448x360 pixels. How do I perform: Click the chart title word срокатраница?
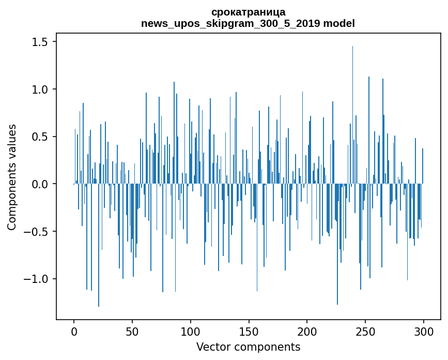pyautogui.click(x=248, y=12)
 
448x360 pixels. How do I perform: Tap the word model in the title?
pyautogui.click(x=340, y=23)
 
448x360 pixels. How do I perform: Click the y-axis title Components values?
pyautogui.click(x=12, y=177)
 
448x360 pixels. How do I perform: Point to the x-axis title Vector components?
pyautogui.click(x=248, y=347)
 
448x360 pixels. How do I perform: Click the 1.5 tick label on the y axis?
pyautogui.click(x=39, y=42)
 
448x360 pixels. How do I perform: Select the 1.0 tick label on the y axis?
pyautogui.click(x=39, y=89)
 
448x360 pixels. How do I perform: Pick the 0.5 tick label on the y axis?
pyautogui.click(x=39, y=137)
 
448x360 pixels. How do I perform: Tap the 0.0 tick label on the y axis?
pyautogui.click(x=39, y=184)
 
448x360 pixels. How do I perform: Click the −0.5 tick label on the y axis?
pyautogui.click(x=36, y=232)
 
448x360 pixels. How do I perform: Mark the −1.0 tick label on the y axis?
pyautogui.click(x=36, y=279)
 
